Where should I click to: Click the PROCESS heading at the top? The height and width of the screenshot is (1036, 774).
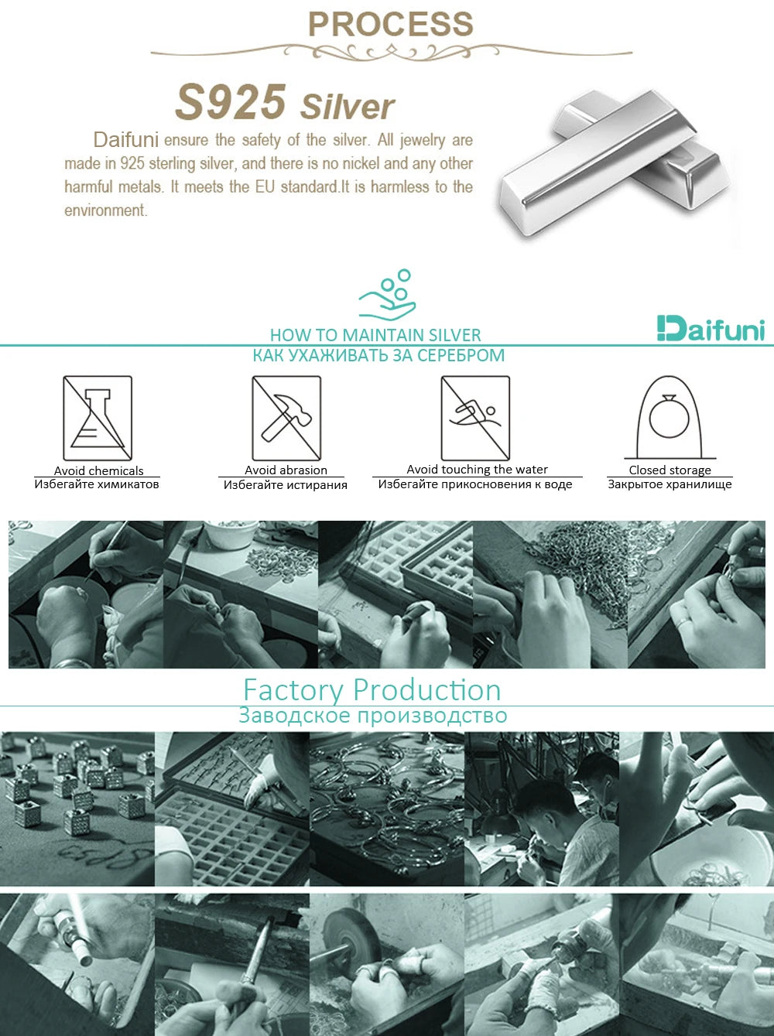(x=391, y=24)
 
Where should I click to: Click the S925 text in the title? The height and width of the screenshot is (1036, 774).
(x=231, y=101)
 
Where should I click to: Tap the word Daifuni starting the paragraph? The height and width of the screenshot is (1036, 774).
(x=125, y=140)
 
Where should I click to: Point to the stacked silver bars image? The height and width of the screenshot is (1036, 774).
(x=615, y=162)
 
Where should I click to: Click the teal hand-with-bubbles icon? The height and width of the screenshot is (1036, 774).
(x=388, y=295)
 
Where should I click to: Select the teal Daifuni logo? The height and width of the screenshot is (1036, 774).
(x=711, y=329)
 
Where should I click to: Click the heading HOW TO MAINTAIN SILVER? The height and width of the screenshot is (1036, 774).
(x=375, y=335)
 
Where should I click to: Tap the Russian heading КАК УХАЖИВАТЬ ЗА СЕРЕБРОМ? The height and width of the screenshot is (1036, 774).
(x=378, y=355)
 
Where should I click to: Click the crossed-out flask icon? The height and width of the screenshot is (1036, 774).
(x=98, y=418)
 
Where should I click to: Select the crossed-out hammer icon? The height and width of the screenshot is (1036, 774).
(x=286, y=418)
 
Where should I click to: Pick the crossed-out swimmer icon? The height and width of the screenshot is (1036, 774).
(x=476, y=418)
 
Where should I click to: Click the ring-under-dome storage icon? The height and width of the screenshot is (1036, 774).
(x=670, y=418)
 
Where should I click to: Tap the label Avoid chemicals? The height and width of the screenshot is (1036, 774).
(x=98, y=470)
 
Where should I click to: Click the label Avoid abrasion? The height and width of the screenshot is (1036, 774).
(x=286, y=470)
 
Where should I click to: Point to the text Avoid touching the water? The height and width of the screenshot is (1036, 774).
(x=477, y=469)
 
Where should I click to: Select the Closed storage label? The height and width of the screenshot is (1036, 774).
(x=670, y=470)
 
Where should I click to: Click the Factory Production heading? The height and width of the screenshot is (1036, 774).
(x=372, y=690)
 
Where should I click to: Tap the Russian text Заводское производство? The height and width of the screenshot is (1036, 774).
(x=373, y=716)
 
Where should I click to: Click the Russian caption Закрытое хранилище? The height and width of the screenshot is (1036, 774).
(x=670, y=484)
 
